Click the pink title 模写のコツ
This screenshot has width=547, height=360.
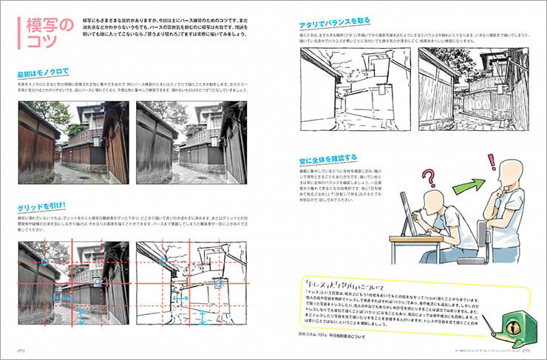44,33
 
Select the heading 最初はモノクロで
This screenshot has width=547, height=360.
43,73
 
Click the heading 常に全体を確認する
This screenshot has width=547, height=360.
329,157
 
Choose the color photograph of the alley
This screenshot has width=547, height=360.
72,143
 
